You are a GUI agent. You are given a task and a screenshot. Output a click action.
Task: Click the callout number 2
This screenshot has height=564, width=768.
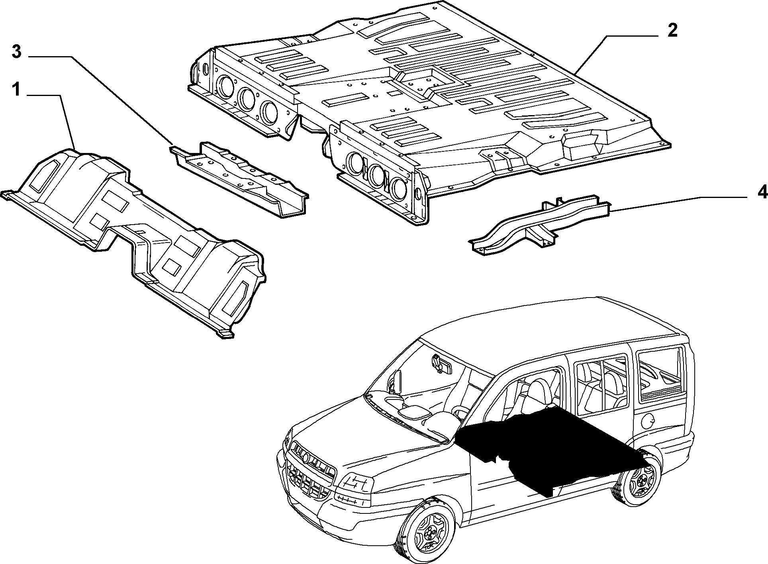672,31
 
